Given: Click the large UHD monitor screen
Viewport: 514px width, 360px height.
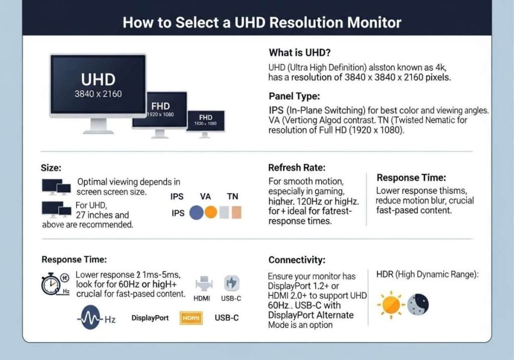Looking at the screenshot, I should point(98,84).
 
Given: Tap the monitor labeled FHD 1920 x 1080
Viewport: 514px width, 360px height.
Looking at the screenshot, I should point(160,109).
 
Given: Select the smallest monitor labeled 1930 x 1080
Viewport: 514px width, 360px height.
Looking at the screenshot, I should point(205,121).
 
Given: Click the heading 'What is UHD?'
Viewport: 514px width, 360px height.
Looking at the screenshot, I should point(299,53).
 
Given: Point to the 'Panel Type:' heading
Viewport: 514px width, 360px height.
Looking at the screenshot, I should point(294,96).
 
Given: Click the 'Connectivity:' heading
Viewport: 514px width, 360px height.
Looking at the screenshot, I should point(297,260).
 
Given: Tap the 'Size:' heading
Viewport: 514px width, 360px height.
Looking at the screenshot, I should point(52,168).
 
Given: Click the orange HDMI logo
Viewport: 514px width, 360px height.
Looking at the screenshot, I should point(191,318).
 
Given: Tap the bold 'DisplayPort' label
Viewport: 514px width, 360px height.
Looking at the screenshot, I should point(150,318).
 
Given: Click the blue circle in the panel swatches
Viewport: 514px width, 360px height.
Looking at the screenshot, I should point(196,212).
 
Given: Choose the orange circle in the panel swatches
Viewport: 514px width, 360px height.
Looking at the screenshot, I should point(210,212).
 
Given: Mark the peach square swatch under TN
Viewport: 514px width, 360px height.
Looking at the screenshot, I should point(235,212).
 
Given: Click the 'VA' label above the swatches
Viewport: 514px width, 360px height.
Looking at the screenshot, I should point(206,197).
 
